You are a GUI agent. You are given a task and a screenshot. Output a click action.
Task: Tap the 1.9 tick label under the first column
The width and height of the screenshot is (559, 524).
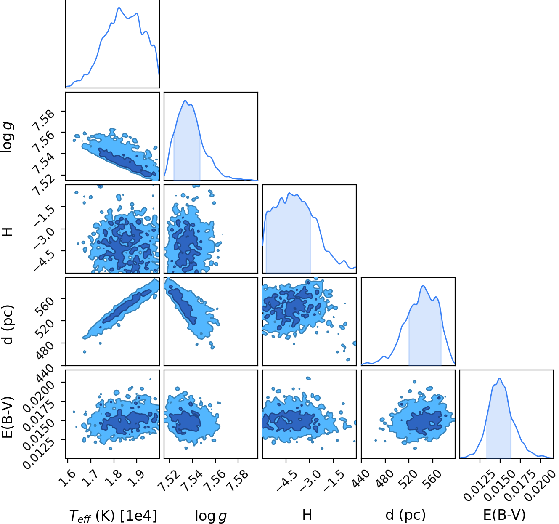pyautogui.click(x=138, y=478)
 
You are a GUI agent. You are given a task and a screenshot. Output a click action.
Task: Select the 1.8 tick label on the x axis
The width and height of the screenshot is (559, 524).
pyautogui.click(x=114, y=478)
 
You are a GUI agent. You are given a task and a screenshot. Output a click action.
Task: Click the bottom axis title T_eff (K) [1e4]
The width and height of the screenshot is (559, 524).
pyautogui.click(x=113, y=515)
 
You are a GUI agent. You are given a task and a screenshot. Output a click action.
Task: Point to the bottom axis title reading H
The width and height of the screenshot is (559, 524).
pyautogui.click(x=307, y=515)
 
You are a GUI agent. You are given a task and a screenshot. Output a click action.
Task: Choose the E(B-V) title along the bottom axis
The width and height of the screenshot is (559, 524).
pyautogui.click(x=504, y=515)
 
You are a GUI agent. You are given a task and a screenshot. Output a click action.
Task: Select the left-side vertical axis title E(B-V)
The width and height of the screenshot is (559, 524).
pyautogui.click(x=8, y=417)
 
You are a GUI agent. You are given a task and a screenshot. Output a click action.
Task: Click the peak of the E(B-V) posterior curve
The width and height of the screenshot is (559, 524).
pyautogui.click(x=500, y=378)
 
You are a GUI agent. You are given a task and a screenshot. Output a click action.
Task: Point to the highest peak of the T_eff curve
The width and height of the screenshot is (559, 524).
pyautogui.click(x=119, y=8)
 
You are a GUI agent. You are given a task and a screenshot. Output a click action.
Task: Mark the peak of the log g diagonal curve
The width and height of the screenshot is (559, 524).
pyautogui.click(x=185, y=100)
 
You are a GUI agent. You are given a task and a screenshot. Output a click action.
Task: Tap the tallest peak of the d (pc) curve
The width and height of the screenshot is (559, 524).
pyautogui.click(x=423, y=286)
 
